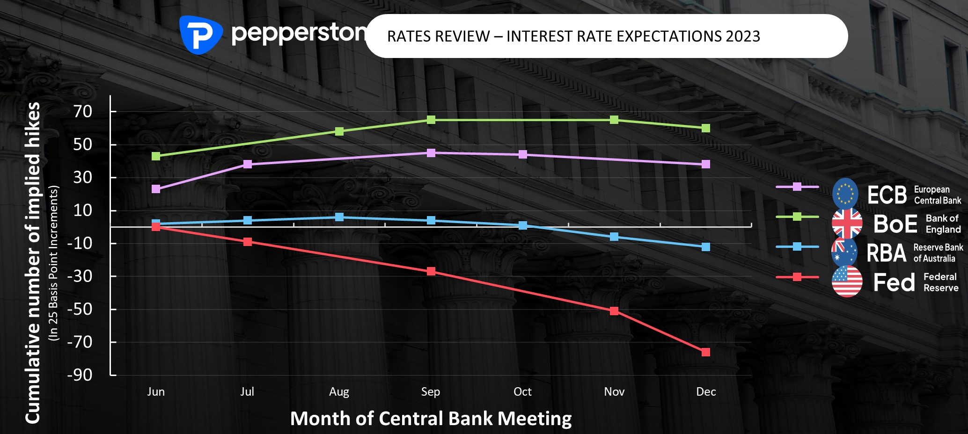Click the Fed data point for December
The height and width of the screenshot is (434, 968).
[x=706, y=352]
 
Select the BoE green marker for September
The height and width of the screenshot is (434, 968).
[x=431, y=120]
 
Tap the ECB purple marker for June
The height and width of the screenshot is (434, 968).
[x=156, y=189]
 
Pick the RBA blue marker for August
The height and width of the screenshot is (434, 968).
[x=339, y=217]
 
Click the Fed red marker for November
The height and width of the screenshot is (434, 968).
[x=614, y=311]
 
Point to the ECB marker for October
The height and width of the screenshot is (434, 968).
[x=523, y=154]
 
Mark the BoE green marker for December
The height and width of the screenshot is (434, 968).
[x=706, y=128]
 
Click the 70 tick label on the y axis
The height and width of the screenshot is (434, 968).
[x=83, y=111]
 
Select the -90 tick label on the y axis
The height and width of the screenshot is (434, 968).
[x=80, y=375]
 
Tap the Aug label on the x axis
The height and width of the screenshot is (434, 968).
[x=339, y=392]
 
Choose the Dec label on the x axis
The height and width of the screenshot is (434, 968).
[x=706, y=391]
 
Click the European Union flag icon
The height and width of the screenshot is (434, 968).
[x=845, y=194]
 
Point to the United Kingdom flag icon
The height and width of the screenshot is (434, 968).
[x=847, y=224]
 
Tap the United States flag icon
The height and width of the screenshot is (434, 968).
[x=847, y=282]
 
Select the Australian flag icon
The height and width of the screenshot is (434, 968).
[x=844, y=253]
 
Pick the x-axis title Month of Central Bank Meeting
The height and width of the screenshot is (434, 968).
[x=431, y=419]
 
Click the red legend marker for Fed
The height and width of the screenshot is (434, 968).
[x=797, y=277]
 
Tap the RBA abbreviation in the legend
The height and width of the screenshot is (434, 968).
[x=887, y=253]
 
